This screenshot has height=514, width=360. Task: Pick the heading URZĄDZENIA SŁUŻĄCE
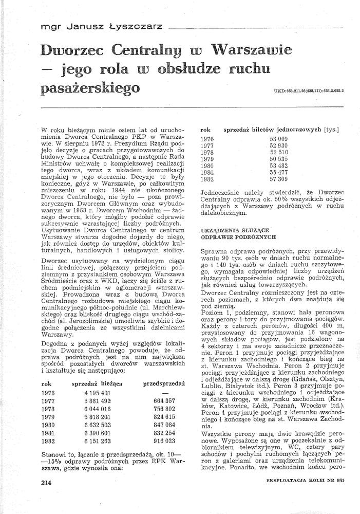pyautogui.click(x=231, y=230)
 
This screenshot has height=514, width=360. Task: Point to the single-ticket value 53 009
pyautogui.click(x=279, y=139)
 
